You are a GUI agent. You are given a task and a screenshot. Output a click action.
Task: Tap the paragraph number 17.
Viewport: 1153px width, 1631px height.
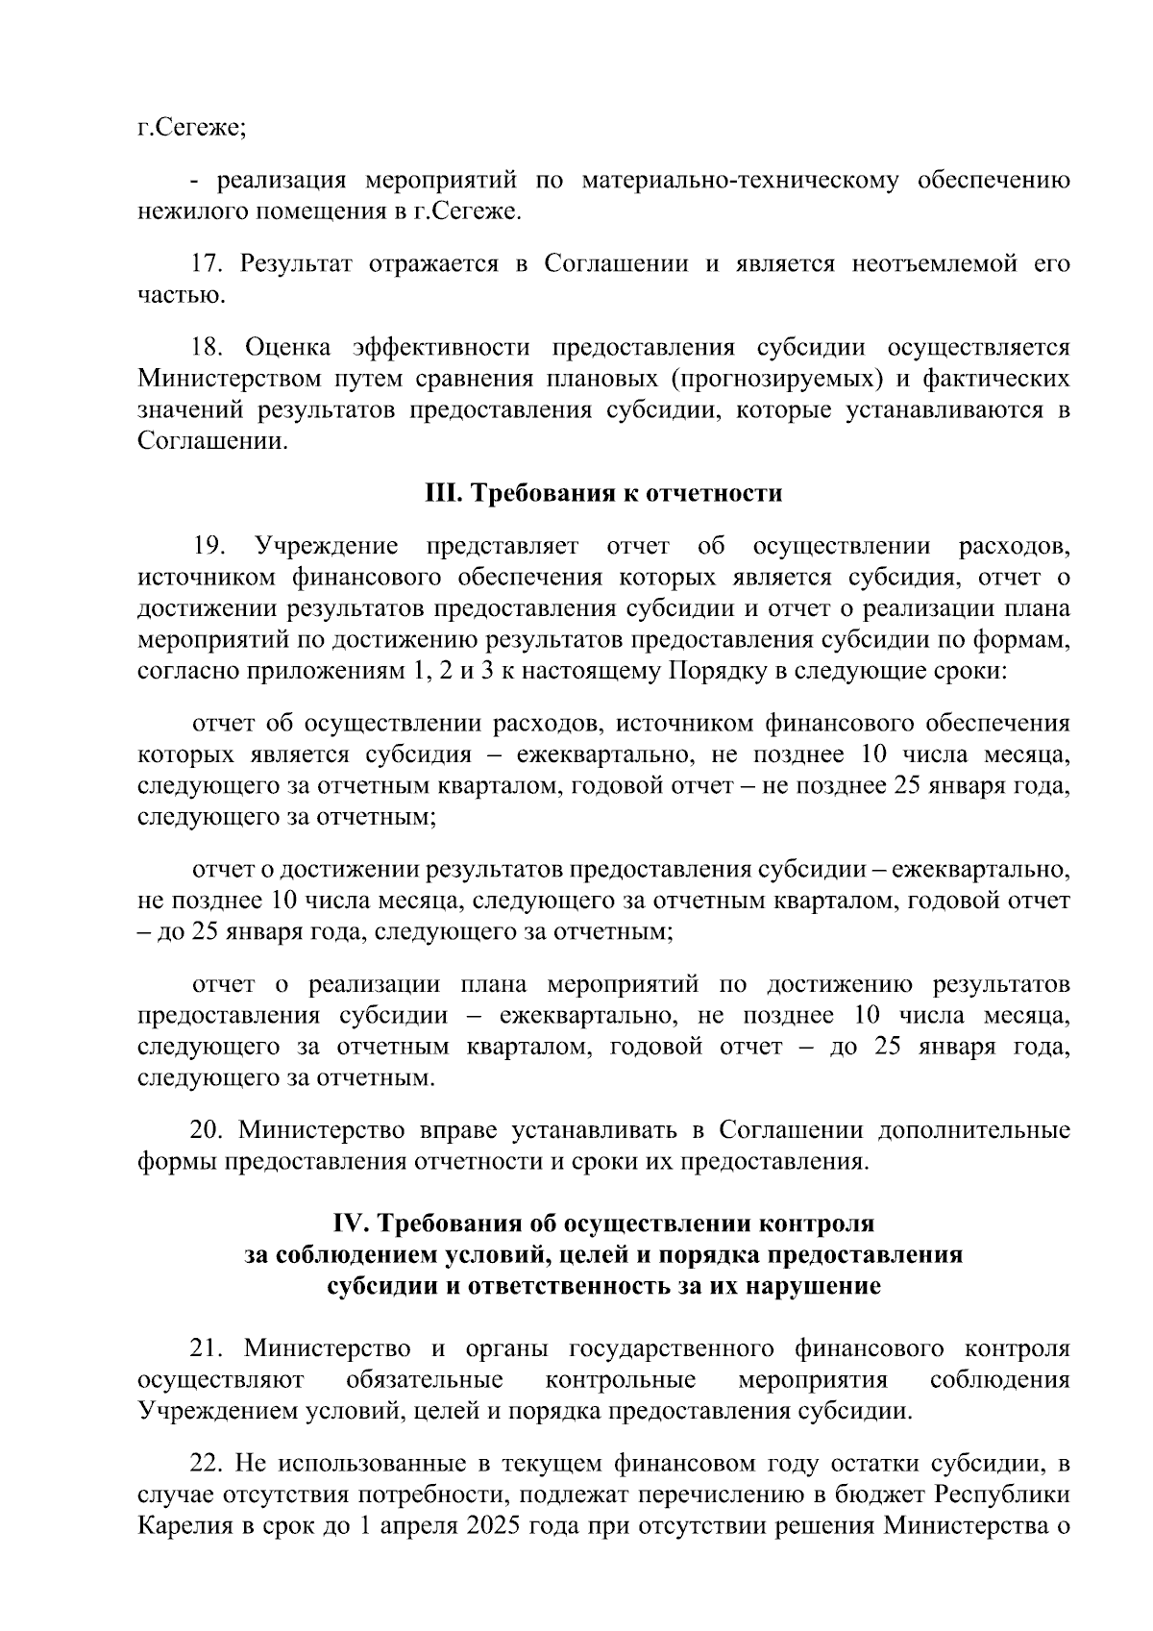tap(208, 263)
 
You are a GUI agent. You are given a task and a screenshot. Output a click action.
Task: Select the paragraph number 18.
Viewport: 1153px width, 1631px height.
tap(208, 347)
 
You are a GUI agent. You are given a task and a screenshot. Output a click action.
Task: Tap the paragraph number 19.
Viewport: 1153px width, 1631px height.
tap(209, 547)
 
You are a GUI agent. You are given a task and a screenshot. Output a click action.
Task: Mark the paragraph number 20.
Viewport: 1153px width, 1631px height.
tap(208, 1129)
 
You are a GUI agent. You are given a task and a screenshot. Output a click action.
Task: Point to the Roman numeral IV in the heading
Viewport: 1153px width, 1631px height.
tap(347, 1223)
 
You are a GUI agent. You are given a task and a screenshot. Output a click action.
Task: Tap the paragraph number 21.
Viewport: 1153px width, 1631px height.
tap(208, 1349)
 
